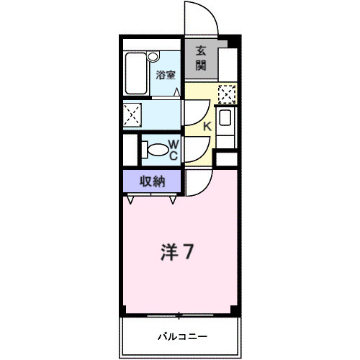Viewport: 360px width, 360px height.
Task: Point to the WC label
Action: [x=174, y=148]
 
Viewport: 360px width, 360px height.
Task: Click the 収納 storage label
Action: [x=153, y=181]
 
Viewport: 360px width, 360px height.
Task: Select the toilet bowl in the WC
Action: [x=156, y=149]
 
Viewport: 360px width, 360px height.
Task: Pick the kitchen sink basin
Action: [x=225, y=120]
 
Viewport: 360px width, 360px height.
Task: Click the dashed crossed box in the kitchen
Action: [x=227, y=94]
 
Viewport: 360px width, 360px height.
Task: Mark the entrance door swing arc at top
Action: [x=200, y=18]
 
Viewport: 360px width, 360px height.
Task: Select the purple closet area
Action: [x=153, y=181]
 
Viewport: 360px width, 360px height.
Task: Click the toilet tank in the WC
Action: [x=144, y=149]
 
